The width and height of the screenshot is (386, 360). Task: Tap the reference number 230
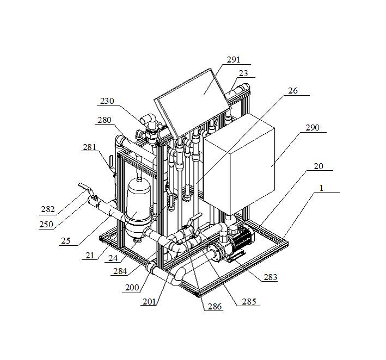point(108,101)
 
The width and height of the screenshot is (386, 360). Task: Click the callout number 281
point(90,147)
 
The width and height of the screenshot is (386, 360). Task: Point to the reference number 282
point(48,209)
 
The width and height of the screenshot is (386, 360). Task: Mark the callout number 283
point(269,277)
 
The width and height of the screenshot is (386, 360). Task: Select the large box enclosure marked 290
point(240,169)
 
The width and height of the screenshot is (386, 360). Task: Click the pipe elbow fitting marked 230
point(148,122)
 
